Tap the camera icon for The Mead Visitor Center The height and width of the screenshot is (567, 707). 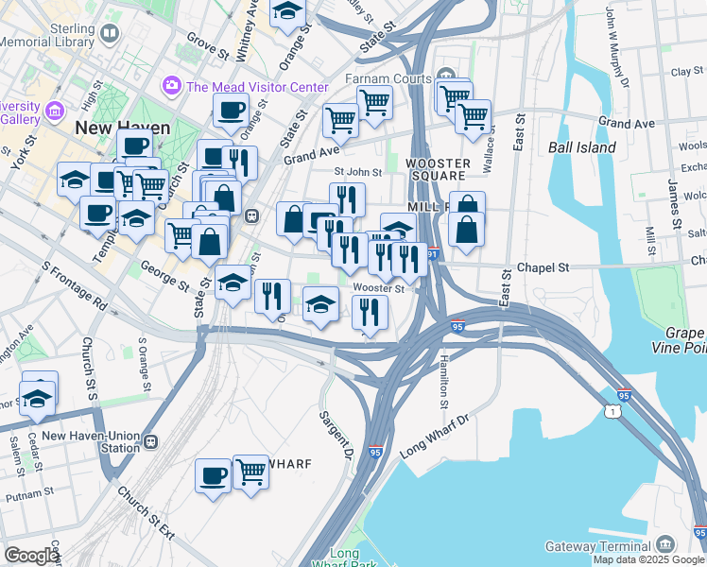(171, 86)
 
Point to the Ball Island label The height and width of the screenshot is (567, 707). (581, 147)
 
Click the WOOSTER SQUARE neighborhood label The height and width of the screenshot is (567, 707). (436, 169)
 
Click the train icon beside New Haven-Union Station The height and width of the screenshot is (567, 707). (151, 441)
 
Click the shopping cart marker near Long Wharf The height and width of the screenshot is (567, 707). (250, 470)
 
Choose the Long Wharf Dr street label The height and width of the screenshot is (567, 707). (435, 435)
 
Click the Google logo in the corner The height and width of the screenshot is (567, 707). (31, 556)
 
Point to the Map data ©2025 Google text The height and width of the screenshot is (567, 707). (648, 559)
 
